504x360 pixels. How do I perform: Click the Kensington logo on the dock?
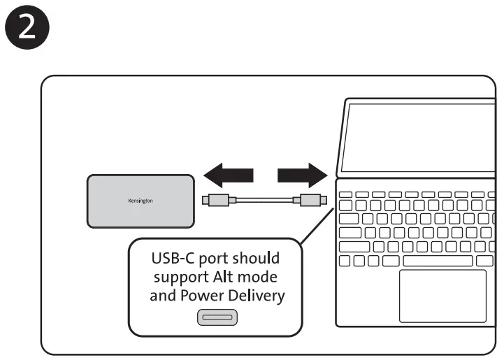(141, 201)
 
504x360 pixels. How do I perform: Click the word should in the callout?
(258, 258)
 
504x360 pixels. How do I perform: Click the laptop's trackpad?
(442, 296)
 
